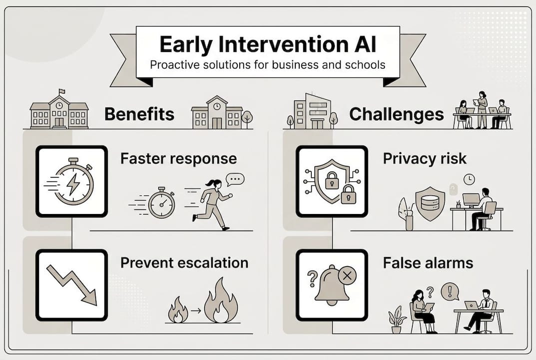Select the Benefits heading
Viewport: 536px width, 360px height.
pyautogui.click(x=139, y=114)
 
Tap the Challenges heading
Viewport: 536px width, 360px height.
pyautogui.click(x=396, y=114)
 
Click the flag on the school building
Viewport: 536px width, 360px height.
pyautogui.click(x=61, y=92)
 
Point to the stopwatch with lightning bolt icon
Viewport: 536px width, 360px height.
pyautogui.click(x=72, y=181)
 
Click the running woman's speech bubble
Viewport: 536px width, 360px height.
pyautogui.click(x=235, y=179)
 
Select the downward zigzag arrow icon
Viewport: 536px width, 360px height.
pyautogui.click(x=72, y=284)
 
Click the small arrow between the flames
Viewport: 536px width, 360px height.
pyautogui.click(x=196, y=310)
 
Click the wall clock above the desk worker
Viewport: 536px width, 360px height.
pyautogui.click(x=469, y=179)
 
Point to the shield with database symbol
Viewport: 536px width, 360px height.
pyautogui.click(x=430, y=202)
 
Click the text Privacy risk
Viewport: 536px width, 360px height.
pyautogui.click(x=425, y=159)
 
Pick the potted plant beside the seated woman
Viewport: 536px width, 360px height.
pyautogui.click(x=397, y=319)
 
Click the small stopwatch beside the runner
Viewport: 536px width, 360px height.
pyautogui.click(x=161, y=203)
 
